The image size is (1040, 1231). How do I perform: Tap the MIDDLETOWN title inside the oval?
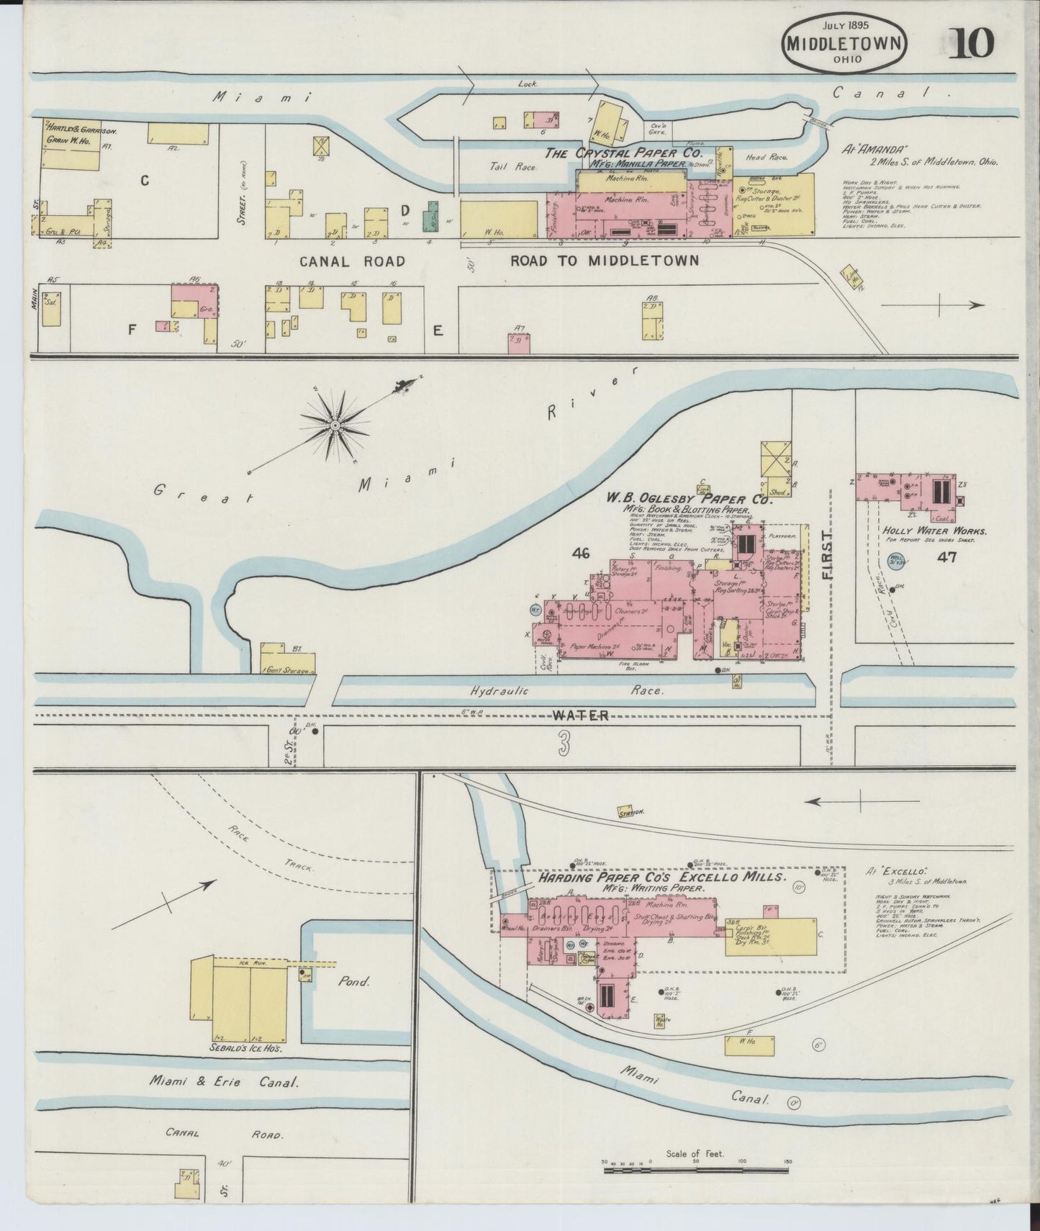844,43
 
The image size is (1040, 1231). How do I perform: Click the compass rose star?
335,426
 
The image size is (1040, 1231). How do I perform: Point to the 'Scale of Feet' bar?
695,1171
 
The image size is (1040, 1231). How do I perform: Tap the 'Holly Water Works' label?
935,531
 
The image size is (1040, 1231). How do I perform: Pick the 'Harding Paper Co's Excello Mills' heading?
660,878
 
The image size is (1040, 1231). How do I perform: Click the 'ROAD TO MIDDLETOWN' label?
605,261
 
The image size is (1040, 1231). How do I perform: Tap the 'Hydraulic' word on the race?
499,691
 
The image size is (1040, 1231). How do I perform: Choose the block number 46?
580,553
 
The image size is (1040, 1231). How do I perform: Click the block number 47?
946,556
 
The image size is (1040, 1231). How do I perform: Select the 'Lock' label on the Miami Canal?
528,84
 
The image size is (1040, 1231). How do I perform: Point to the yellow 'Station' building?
631,811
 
